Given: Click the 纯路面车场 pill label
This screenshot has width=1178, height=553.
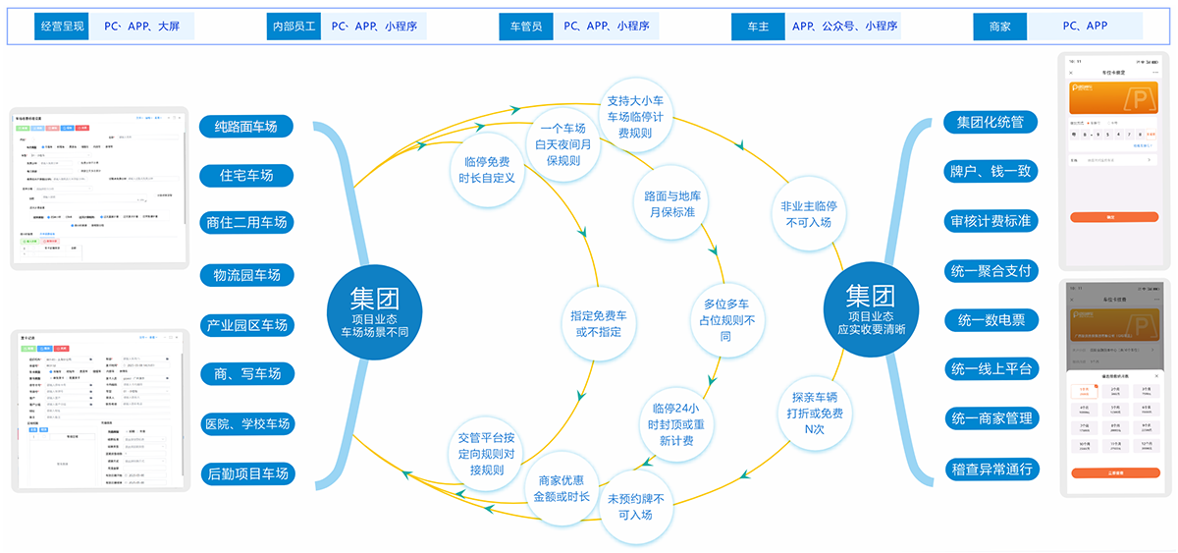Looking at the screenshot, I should click(246, 126).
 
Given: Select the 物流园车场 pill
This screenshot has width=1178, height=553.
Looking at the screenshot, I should click(246, 275).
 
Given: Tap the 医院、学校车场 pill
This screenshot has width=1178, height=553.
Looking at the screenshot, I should click(246, 424).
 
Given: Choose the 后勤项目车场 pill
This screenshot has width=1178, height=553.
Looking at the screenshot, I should click(246, 473).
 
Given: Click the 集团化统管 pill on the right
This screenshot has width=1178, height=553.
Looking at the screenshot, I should click(990, 122).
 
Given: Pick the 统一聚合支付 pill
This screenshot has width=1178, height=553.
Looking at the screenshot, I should click(990, 269).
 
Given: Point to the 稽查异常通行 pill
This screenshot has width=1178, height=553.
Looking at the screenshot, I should click(990, 469).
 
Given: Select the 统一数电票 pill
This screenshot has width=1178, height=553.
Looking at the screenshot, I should click(990, 319).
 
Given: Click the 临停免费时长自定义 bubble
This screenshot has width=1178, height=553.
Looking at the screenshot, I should click(486, 169).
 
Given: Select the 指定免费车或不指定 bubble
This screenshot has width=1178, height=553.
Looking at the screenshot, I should click(600, 324).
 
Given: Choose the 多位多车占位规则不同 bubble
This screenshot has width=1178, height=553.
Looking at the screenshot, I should click(726, 319).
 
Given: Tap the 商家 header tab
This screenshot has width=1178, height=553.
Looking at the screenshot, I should click(998, 27).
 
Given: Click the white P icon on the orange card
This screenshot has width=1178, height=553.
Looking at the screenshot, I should click(1127, 100).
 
